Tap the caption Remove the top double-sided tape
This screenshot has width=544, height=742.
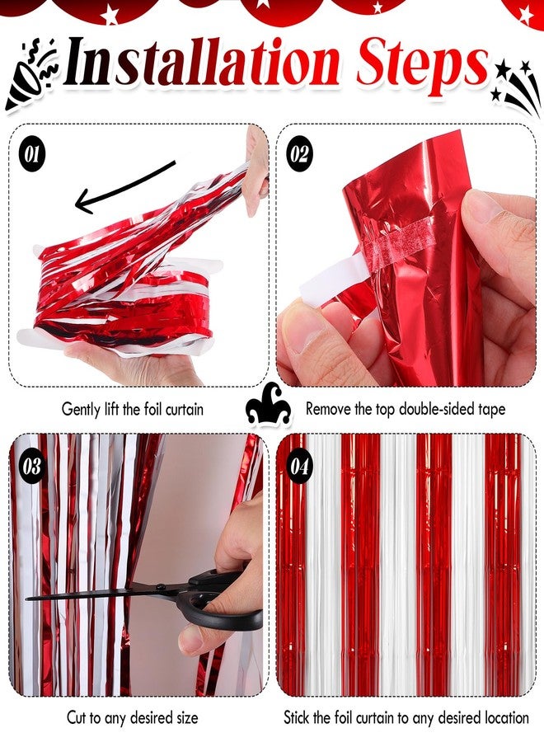click(x=406, y=408)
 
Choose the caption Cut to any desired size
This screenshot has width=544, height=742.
click(x=132, y=718)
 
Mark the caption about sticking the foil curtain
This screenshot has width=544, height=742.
click(x=406, y=718)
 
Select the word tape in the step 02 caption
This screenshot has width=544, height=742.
click(x=492, y=408)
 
